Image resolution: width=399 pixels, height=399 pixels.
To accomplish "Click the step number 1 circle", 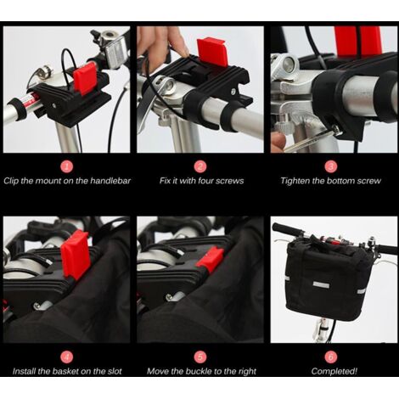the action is (x=67, y=166).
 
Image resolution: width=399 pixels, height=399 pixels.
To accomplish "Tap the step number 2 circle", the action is (x=200, y=166).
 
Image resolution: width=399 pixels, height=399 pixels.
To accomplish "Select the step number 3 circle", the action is (x=331, y=166).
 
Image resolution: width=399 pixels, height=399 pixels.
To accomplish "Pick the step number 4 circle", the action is (x=67, y=357).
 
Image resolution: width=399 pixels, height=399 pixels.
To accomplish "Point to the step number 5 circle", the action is (x=200, y=357).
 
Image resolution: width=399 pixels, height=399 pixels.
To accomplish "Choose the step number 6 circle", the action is (x=331, y=357).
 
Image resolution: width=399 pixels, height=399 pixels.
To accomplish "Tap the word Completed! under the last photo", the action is (x=334, y=371).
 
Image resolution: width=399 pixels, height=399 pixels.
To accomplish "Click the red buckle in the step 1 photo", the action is (x=85, y=78).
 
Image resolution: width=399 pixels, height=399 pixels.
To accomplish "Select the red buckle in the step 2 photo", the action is (x=211, y=52).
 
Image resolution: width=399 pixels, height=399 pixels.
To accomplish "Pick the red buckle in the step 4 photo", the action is (x=76, y=254).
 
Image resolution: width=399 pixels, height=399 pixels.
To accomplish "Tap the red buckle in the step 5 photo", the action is (x=210, y=258).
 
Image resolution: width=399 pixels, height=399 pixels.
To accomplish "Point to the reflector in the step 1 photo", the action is (x=115, y=53).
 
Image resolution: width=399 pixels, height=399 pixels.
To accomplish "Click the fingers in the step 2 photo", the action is (x=163, y=45).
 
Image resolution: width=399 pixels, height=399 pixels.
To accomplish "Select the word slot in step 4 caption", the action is (x=115, y=371).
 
